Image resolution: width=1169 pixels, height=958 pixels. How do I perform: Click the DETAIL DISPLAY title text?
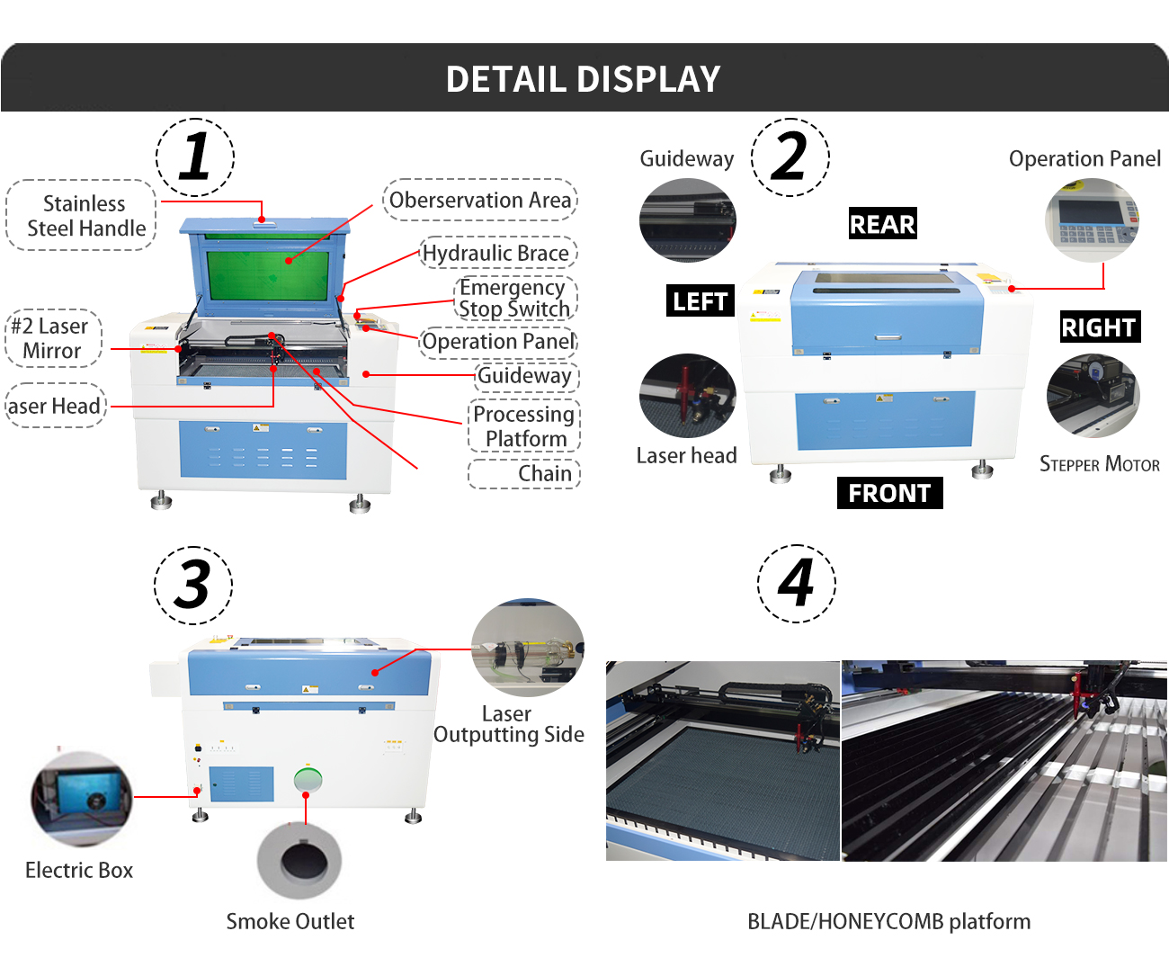[584, 79]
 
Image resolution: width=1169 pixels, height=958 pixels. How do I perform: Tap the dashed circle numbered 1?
[195, 157]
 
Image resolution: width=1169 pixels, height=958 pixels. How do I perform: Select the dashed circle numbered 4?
[796, 583]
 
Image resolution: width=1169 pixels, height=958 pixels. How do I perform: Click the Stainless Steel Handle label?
[83, 216]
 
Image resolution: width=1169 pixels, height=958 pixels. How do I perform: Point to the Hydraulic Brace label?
[496, 254]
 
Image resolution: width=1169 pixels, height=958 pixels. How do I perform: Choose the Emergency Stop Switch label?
[513, 299]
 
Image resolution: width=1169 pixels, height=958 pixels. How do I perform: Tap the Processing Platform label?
[524, 426]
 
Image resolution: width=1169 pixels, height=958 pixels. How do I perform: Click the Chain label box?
[525, 474]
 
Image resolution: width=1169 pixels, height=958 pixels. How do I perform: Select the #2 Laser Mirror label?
[52, 338]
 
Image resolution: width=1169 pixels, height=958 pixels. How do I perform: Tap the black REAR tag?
[882, 224]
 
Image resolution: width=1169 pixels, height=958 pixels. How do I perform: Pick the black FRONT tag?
[889, 493]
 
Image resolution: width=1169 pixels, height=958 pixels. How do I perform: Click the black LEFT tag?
[700, 301]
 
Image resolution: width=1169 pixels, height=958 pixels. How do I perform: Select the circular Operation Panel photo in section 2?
[1092, 220]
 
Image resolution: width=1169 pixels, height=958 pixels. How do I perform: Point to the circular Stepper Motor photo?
[1093, 396]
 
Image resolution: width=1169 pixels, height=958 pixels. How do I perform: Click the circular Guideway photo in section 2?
[687, 220]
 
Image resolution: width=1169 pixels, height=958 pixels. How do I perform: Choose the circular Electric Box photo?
[81, 799]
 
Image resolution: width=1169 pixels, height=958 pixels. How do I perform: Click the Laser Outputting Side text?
[508, 724]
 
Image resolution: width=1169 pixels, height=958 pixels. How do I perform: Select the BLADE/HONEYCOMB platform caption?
[888, 921]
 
